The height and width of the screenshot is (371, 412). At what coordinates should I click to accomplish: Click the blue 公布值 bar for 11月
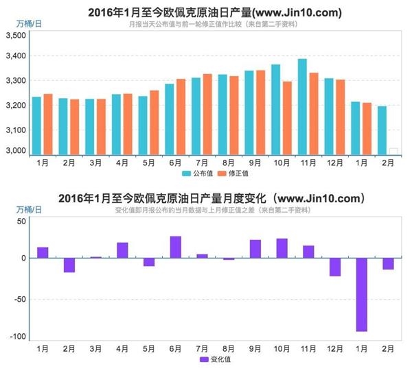302,107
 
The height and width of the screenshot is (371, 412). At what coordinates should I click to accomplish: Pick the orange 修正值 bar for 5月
154,123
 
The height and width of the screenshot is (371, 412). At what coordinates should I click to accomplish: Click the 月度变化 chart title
205,198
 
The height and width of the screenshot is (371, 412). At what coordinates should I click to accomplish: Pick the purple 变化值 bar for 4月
122,250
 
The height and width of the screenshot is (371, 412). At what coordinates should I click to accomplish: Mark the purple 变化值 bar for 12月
335,267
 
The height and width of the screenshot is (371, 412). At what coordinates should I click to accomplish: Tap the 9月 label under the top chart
255,163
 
